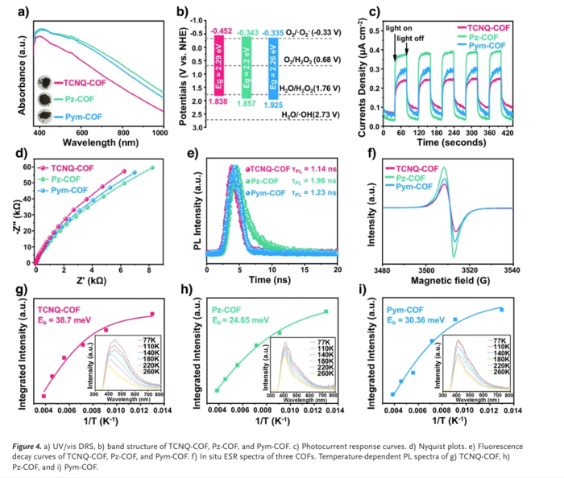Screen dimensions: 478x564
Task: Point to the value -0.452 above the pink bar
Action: click(221, 31)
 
